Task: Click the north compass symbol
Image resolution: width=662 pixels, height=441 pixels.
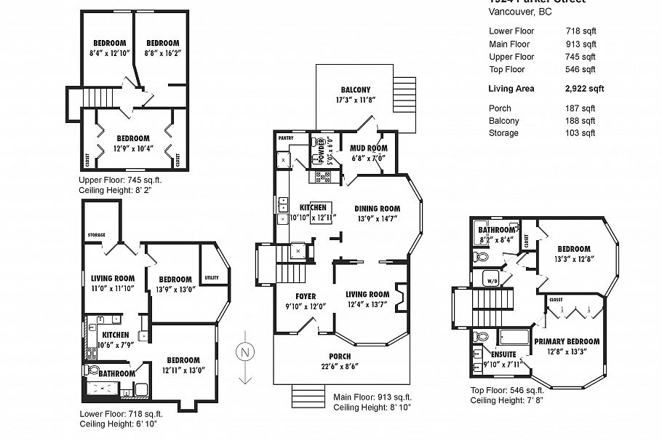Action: click(x=245, y=354)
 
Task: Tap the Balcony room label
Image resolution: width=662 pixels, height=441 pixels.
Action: click(x=355, y=90)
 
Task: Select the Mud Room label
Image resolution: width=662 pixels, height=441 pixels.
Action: click(x=368, y=148)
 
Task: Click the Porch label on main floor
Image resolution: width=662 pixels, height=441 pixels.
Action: click(x=339, y=356)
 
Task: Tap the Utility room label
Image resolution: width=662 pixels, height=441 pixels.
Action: click(x=212, y=278)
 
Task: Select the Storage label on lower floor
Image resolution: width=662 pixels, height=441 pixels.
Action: click(x=96, y=235)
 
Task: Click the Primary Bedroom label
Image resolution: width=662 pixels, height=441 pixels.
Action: click(x=567, y=341)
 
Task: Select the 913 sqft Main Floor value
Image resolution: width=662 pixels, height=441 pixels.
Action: click(x=581, y=44)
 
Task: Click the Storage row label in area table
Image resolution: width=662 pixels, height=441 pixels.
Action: click(x=503, y=133)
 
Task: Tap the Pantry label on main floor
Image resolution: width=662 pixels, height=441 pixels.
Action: click(x=285, y=137)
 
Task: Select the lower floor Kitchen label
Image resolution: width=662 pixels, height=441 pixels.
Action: click(x=105, y=335)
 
